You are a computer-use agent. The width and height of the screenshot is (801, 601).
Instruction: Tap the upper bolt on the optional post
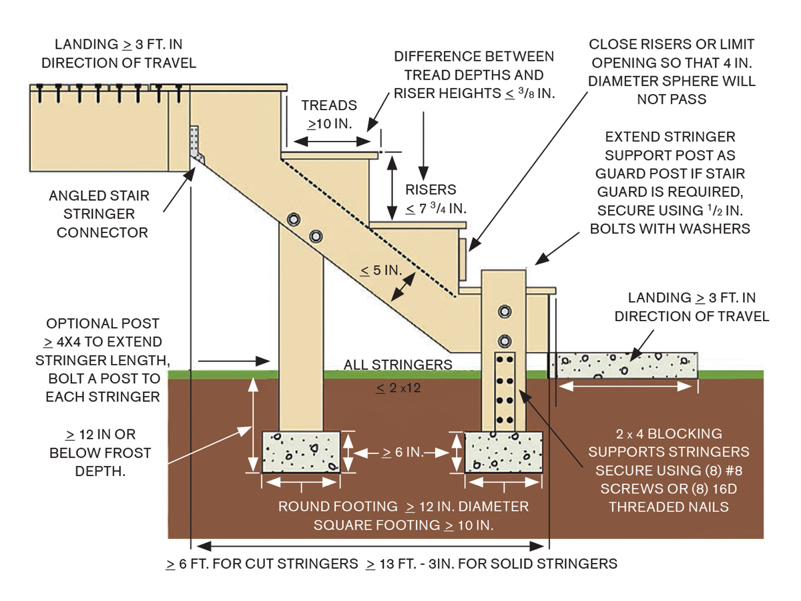tap(292, 220)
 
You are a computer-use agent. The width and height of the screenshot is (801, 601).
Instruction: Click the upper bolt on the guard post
tap(505, 312)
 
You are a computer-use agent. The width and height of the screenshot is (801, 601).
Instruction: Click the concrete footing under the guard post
tap(503, 452)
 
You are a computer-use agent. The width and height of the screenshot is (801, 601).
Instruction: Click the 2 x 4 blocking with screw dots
tap(505, 391)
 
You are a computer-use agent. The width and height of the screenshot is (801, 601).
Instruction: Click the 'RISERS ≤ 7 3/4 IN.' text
tap(435, 198)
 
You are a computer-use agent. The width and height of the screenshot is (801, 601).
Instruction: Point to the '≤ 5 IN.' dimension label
tap(380, 270)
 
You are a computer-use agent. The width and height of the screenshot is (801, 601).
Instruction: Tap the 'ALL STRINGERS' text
tap(398, 365)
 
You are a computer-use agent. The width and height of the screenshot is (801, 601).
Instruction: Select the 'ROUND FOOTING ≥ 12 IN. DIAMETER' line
tap(403, 506)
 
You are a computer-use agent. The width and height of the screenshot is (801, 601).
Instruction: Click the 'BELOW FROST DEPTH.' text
tap(100, 462)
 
